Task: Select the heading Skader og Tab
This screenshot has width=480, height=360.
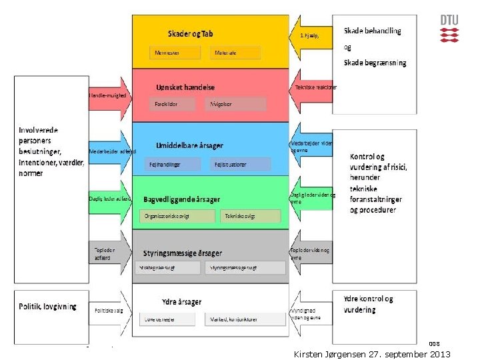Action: [190, 33]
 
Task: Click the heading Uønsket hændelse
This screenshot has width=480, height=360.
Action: [185, 87]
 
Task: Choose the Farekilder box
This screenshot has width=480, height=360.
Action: [173, 104]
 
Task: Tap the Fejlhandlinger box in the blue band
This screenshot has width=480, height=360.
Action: [174, 164]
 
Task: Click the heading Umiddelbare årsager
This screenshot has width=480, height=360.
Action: [189, 145]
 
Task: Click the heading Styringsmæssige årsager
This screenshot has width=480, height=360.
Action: [182, 253]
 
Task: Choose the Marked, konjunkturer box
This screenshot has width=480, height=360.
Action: [245, 319]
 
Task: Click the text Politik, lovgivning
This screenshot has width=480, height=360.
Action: [47, 307]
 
